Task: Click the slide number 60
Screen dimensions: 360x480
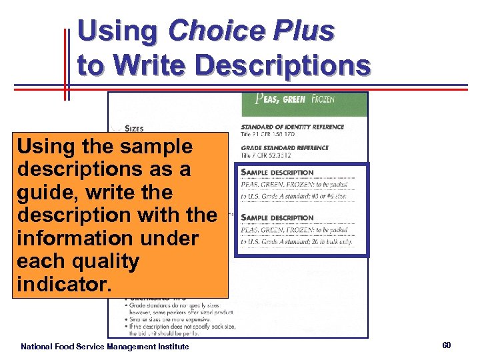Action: pos(447,345)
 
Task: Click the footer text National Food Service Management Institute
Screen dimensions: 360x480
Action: pos(105,347)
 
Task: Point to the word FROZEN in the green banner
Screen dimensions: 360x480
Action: pos(322,100)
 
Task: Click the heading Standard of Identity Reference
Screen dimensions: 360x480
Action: pos(292,127)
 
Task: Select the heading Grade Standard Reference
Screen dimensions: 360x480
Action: pos(285,148)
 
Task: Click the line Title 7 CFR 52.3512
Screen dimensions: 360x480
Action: pos(267,155)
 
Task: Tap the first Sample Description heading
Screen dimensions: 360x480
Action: pos(277,173)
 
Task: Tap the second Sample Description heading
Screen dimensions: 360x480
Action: pos(277,218)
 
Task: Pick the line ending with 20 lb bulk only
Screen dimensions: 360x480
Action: pos(296,241)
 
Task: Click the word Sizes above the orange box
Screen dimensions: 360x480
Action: pos(133,128)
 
